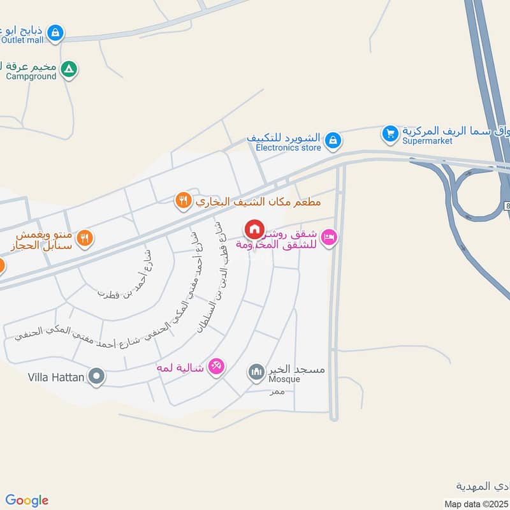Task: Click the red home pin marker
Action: (254, 228)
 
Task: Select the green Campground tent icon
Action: (69, 68)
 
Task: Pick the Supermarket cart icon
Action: (390, 133)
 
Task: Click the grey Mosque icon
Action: (256, 371)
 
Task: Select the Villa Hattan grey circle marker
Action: (97, 377)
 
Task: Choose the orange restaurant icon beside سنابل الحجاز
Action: (84, 238)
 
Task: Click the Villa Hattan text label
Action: (56, 377)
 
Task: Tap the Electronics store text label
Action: (288, 147)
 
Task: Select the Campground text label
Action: (31, 76)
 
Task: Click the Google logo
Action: (27, 500)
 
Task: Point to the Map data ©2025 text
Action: (476, 504)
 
